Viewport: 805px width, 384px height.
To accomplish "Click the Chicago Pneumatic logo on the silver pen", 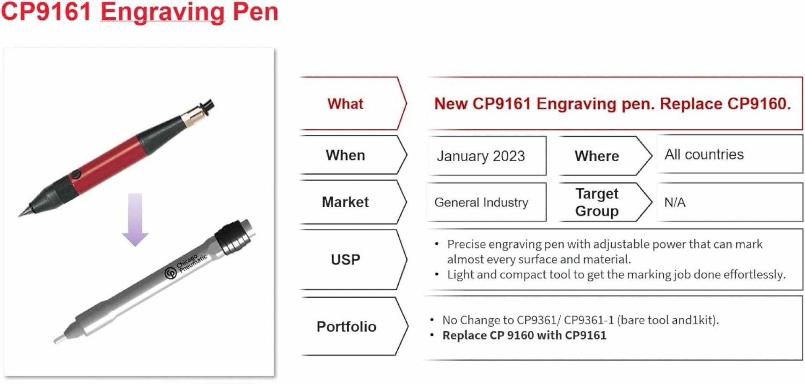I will (x=171, y=273).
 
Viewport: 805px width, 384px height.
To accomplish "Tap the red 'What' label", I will (x=345, y=104).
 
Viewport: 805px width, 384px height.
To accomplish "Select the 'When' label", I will (x=345, y=155).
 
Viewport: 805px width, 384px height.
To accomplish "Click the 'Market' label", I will (x=345, y=202).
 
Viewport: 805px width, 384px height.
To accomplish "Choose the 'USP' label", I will (x=345, y=260).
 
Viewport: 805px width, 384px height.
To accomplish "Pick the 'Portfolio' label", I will (x=346, y=327).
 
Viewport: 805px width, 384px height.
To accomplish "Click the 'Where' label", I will (x=597, y=156).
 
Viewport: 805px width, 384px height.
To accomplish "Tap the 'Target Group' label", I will (x=597, y=202).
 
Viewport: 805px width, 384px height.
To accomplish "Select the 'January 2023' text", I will (x=480, y=156).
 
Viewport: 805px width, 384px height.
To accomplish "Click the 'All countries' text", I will (x=704, y=155).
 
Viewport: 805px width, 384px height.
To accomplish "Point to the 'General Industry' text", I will (x=481, y=203).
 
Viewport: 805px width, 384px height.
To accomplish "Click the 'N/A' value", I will (x=675, y=203).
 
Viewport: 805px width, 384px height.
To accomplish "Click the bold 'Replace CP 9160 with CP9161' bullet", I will (x=524, y=335).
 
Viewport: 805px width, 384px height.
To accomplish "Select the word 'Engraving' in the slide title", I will (x=163, y=12).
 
